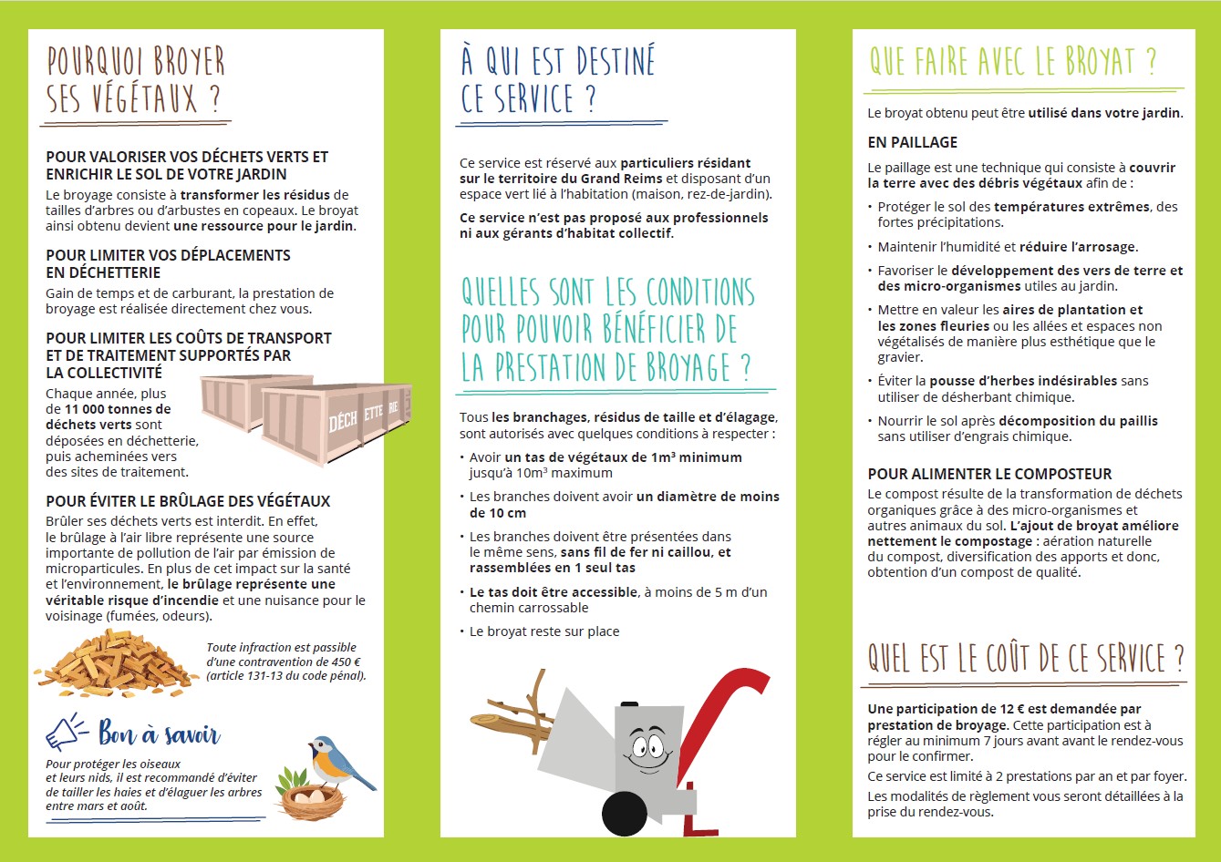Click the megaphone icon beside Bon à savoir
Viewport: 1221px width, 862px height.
(x=66, y=733)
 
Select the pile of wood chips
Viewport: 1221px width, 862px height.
(x=115, y=664)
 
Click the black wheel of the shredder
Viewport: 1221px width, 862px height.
(x=625, y=814)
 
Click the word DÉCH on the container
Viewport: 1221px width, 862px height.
(x=342, y=420)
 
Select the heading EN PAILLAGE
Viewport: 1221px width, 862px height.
(x=912, y=143)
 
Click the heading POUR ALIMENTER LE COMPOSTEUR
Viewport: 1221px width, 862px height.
(x=989, y=474)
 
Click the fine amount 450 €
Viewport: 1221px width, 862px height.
(x=347, y=662)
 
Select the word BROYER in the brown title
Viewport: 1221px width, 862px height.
(x=189, y=61)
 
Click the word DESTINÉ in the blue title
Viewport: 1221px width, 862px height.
(x=616, y=60)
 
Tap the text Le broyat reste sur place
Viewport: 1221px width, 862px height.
(x=544, y=631)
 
